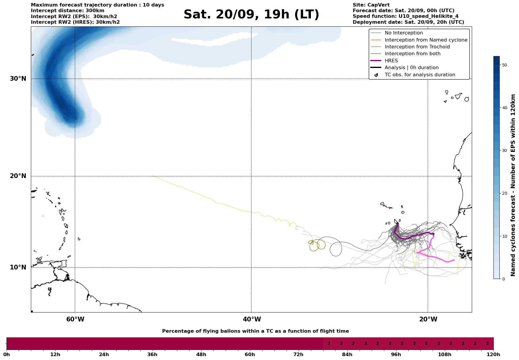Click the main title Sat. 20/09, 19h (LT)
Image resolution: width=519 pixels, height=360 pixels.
pos(251,15)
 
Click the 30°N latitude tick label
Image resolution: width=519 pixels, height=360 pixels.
pos(18,79)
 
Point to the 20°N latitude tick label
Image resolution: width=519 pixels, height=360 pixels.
pos(18,176)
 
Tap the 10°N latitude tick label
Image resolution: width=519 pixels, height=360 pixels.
pos(18,267)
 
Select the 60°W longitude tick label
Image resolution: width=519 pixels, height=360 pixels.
pos(75,319)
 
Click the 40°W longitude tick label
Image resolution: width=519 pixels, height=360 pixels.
pos(252,319)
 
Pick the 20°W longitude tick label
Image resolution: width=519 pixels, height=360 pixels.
pos(428,319)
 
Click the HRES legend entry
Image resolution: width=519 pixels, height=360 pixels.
pos(391,61)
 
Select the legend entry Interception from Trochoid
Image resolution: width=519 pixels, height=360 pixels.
pos(417,47)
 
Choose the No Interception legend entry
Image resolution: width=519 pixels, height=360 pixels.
pos(404,33)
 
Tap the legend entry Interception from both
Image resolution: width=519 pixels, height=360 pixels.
pos(412,54)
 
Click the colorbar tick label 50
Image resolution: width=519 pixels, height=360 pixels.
pos(504,65)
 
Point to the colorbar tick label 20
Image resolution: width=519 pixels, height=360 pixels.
pos(504,194)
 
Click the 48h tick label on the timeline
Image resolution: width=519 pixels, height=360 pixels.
pos(201,355)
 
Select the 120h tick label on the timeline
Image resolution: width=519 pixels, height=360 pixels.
pos(493,355)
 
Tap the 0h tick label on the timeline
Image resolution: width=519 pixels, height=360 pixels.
pos(7,355)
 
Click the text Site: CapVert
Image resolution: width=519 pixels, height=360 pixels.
pos(371,5)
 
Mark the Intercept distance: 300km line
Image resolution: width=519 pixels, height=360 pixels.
pos(68,11)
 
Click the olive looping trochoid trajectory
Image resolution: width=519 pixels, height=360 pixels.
pos(317,245)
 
